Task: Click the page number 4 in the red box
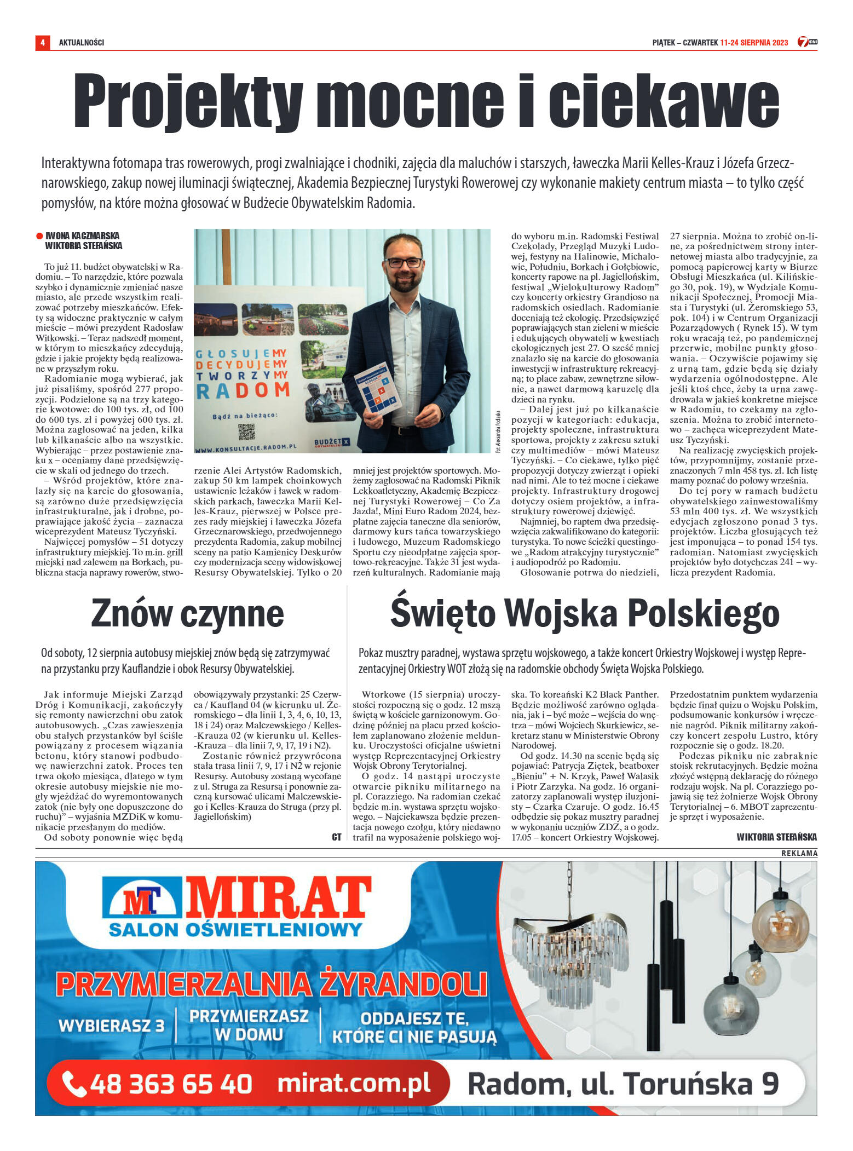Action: (x=42, y=42)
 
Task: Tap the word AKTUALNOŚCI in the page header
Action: (x=81, y=43)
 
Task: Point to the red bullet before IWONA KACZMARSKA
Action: (x=39, y=236)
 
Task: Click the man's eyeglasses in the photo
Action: (x=404, y=262)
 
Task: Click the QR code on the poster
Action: (x=246, y=431)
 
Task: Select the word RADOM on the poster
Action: (x=242, y=390)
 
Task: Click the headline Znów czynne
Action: (x=187, y=613)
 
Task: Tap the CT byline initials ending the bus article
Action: (x=337, y=837)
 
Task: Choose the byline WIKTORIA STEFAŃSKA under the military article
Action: (x=776, y=837)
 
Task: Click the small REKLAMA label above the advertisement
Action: (x=799, y=853)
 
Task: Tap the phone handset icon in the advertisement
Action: (x=74, y=1084)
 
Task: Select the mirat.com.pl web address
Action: (x=354, y=1084)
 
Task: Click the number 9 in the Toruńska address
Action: (x=770, y=1084)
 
